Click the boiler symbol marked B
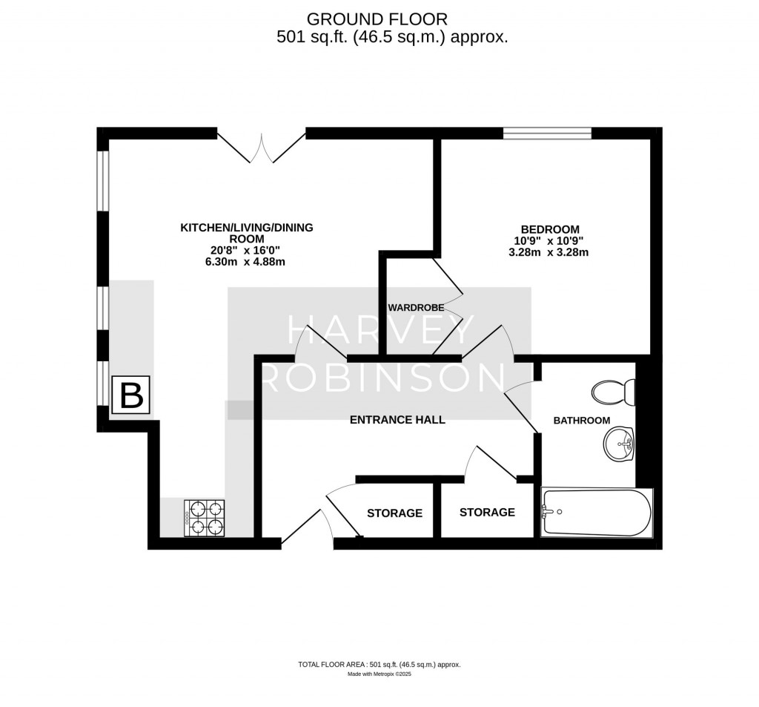131,395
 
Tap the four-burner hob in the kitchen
205,518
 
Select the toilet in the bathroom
614,392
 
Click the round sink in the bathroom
617,444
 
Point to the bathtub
597,513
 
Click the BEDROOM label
550,229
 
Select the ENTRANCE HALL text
397,420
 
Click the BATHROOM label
582,421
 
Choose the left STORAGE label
394,513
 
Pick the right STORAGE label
487,513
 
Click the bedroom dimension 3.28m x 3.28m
550,252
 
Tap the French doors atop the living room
261,148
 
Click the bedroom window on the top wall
547,134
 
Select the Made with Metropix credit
379,674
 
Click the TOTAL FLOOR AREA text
379,665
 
